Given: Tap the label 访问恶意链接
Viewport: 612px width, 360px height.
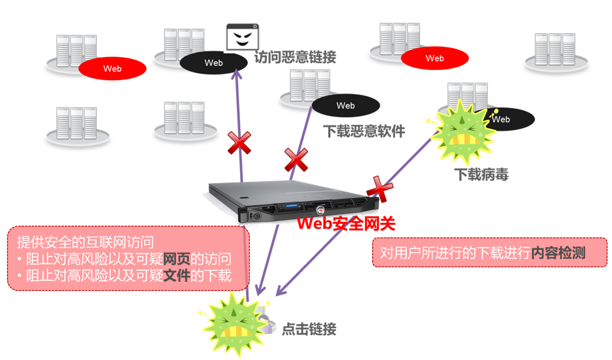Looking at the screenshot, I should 295,57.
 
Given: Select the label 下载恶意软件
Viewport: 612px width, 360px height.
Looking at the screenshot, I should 364,131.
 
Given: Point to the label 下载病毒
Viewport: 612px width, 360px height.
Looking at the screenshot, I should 481,174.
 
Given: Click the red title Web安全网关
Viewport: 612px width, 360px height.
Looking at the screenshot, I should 346,223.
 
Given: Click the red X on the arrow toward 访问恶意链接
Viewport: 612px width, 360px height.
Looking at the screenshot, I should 239,143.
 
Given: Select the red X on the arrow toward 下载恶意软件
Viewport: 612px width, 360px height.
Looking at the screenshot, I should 296,160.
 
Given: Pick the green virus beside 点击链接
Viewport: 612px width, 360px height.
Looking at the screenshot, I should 233,322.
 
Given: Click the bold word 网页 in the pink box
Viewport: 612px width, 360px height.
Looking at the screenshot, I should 177,259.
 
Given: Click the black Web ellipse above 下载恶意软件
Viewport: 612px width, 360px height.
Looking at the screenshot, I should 345,106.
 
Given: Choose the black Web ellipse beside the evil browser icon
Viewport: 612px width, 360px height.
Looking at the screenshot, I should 213,63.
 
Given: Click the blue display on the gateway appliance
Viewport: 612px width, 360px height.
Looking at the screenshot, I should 293,208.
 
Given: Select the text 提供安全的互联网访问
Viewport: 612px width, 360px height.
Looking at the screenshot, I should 85,241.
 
